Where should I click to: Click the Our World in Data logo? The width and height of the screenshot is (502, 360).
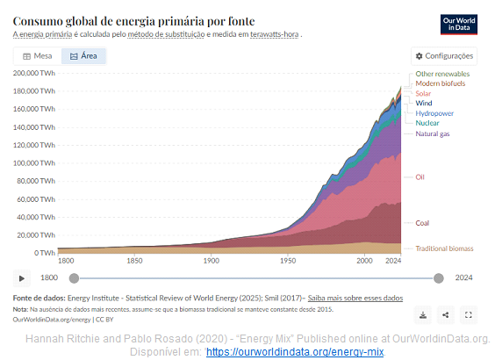tap(458, 25)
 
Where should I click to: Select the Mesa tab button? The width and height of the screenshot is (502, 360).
tap(38, 56)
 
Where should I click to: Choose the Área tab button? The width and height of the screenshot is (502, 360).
tap(83, 56)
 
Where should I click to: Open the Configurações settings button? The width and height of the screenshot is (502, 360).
tap(444, 56)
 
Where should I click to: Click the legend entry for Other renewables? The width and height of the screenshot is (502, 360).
tap(442, 74)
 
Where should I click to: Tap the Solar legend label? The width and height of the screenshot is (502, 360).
tap(423, 94)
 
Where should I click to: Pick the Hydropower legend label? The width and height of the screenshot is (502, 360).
tap(434, 113)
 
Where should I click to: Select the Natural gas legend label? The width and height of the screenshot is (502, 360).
tap(433, 133)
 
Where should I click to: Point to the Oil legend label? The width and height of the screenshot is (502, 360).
tap(420, 177)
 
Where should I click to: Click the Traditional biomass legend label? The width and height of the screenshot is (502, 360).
tap(444, 248)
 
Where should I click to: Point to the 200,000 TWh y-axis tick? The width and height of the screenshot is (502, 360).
tap(34, 73)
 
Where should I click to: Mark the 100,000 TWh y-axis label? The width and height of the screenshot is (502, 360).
tap(34, 163)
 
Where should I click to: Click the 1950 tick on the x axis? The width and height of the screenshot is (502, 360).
tap(288, 261)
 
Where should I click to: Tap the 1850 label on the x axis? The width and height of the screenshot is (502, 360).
tap(134, 261)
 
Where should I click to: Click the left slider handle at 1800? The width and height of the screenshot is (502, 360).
tap(74, 278)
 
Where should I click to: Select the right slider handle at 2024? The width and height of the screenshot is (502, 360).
tap(439, 278)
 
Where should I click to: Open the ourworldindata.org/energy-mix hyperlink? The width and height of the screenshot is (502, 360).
tap(295, 352)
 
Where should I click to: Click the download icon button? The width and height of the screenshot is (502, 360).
tap(423, 315)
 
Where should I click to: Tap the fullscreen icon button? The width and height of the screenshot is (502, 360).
tap(469, 315)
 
